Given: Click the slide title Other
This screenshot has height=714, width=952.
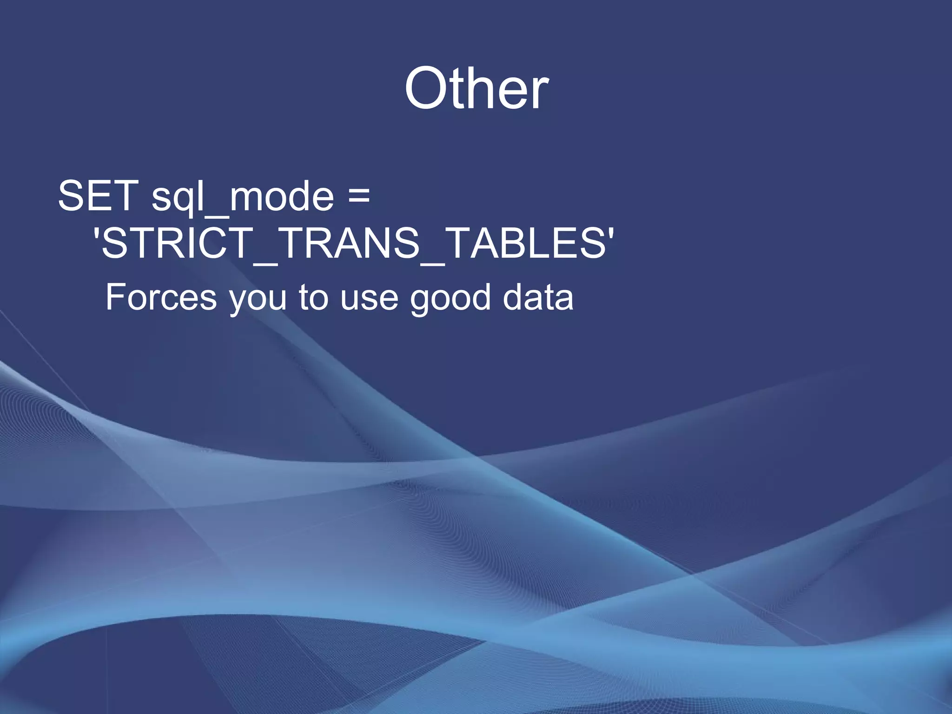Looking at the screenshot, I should [x=476, y=88].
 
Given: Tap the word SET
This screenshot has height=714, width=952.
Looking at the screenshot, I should [x=98, y=196].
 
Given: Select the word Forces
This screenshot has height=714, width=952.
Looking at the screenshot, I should [x=161, y=297].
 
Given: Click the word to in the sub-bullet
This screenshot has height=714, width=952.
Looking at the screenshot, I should [x=313, y=297].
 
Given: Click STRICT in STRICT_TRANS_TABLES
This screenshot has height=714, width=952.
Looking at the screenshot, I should [x=177, y=242].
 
